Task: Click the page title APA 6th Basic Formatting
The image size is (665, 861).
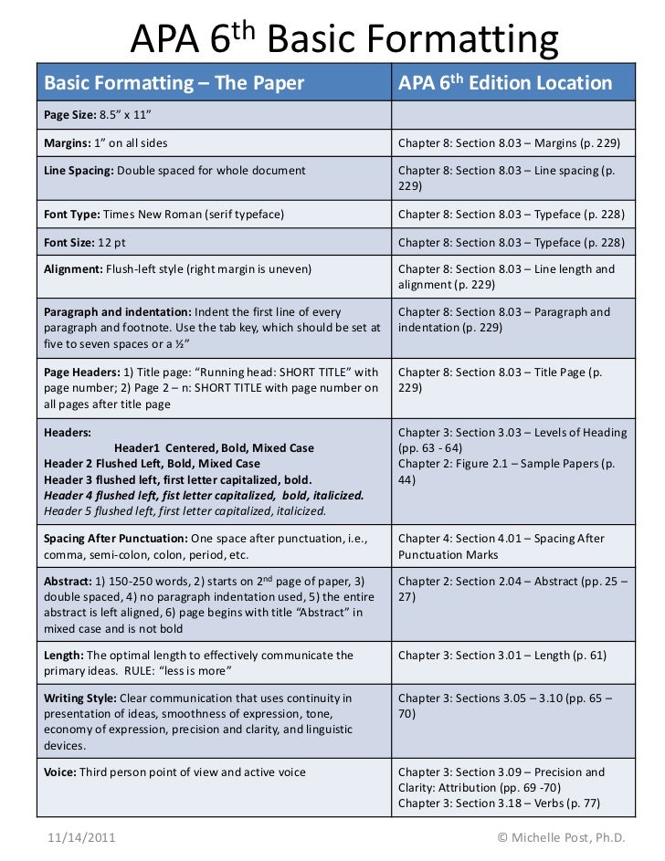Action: click(x=343, y=38)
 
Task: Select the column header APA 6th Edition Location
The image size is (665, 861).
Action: click(x=504, y=84)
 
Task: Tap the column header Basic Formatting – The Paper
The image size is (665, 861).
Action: click(x=174, y=84)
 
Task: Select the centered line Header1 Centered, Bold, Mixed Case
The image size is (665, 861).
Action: click(x=214, y=448)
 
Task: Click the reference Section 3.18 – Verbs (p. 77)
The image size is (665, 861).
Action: click(x=530, y=803)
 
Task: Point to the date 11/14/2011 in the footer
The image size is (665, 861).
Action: click(x=79, y=836)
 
